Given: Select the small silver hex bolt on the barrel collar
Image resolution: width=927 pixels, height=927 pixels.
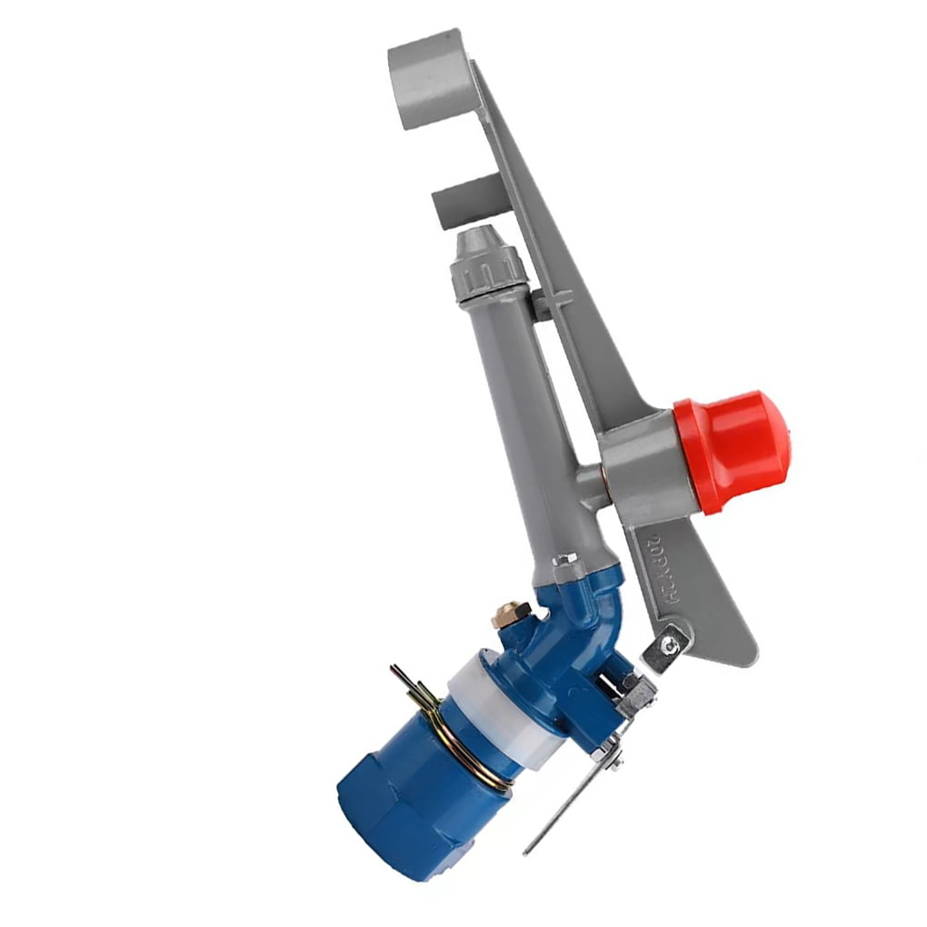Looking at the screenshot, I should pyautogui.click(x=564, y=559).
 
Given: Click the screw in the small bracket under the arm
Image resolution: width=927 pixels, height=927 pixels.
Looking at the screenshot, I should pyautogui.click(x=670, y=646).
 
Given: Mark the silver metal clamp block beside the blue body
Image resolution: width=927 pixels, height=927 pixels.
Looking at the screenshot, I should pyautogui.click(x=636, y=695).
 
